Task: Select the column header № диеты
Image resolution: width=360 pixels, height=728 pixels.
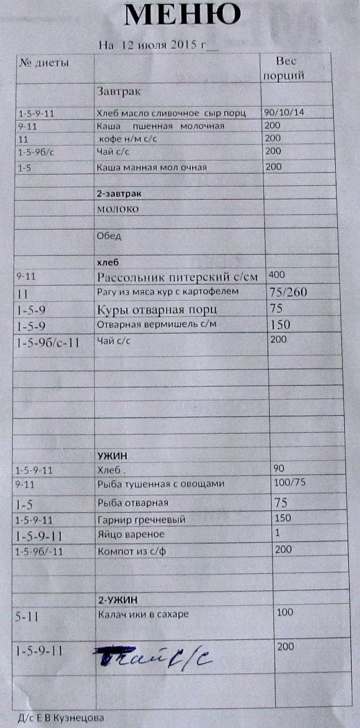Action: (43, 63)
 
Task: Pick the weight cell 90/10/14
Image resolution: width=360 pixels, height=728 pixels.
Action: (284, 112)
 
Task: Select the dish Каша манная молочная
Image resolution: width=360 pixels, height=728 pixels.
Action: (151, 167)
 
